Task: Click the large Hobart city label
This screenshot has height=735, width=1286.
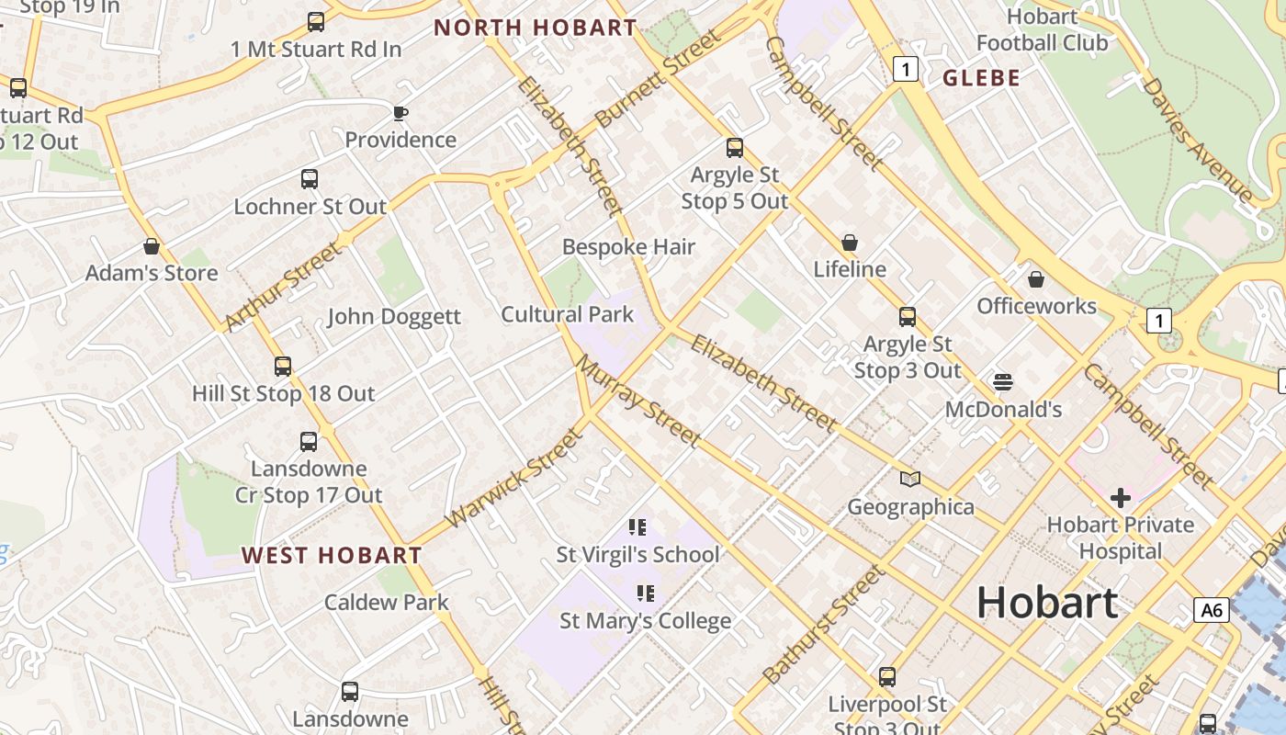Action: coord(1047,603)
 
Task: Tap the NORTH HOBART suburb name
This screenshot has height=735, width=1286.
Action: coord(536,28)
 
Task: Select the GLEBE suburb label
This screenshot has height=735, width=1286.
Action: coord(982,78)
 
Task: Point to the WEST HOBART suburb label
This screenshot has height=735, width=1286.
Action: coord(332,555)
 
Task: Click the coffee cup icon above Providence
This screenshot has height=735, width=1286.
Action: coord(400,114)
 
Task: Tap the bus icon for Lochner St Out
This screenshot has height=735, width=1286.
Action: coord(310,179)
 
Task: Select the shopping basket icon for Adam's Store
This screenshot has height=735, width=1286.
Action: coord(152,247)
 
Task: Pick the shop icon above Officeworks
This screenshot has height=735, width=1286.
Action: coord(1036,279)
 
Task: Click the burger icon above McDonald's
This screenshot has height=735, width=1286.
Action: coord(1003,381)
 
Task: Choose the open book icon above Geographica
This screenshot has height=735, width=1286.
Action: coord(910,479)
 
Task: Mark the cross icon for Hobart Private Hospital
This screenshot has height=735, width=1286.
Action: coord(1121,498)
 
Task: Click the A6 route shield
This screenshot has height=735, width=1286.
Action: coord(1212,610)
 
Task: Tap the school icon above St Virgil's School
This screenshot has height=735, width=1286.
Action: coord(637,527)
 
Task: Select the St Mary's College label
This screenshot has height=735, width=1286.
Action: coord(646,621)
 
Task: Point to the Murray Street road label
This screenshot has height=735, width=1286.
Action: coord(638,401)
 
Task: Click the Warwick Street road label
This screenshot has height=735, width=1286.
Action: coord(513,480)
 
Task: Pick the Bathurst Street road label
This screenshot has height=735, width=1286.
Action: coord(824,626)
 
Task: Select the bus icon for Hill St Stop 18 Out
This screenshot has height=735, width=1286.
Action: coord(283,367)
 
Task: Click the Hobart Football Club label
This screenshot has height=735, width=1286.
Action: coord(1042,29)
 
